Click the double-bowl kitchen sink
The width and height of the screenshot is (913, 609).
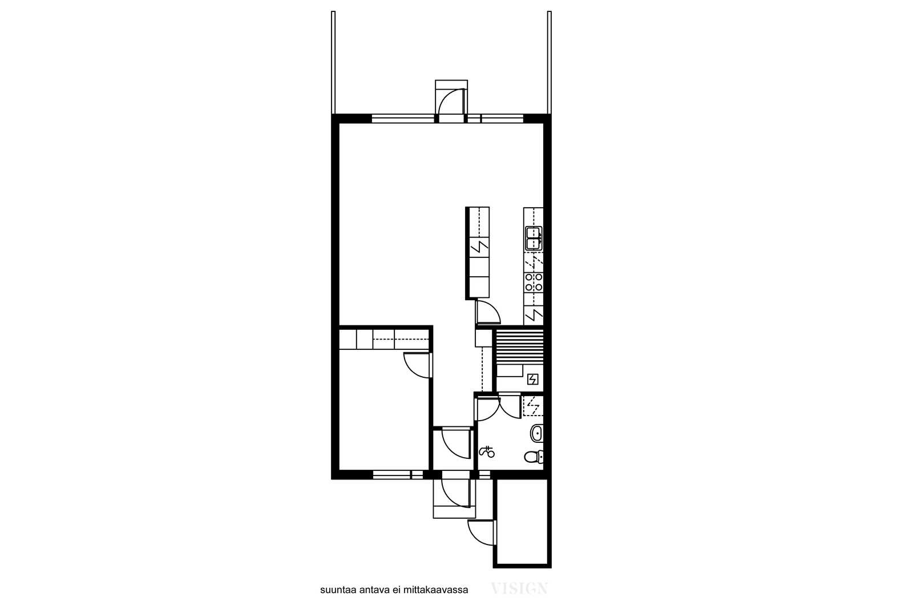point(534,239)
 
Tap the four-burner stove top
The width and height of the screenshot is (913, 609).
point(534,282)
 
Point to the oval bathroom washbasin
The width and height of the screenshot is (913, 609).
point(536,433)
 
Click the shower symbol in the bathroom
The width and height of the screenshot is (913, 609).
point(487,451)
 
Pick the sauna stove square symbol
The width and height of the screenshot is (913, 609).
point(533,379)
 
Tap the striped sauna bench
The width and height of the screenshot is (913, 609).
point(520,347)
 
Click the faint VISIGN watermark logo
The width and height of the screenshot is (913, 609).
point(519,588)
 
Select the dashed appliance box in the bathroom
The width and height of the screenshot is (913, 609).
point(533,406)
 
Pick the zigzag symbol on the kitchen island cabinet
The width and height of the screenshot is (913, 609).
point(479,247)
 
